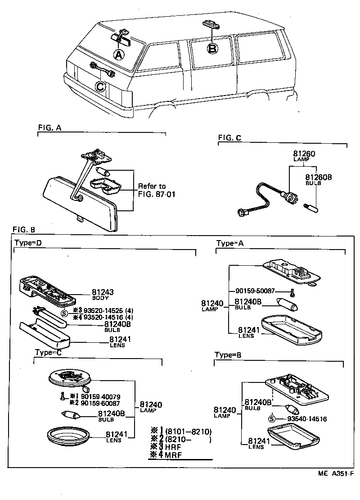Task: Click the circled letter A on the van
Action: (118, 55)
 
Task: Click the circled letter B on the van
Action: (213, 48)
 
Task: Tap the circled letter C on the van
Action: (101, 86)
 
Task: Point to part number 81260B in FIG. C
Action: (318, 177)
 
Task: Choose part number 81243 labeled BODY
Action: (102, 292)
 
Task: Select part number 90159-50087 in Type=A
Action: (261, 291)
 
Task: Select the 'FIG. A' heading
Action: (49, 127)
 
